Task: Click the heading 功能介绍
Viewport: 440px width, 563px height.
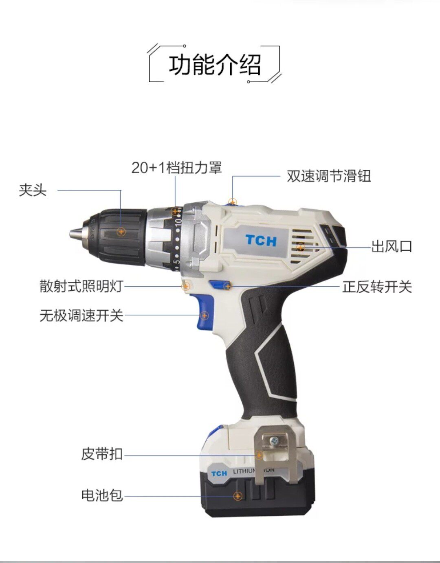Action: click(215, 64)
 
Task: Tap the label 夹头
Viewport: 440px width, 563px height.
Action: click(33, 190)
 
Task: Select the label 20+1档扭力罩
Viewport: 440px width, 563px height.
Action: click(176, 167)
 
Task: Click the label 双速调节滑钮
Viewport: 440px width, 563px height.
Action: click(329, 176)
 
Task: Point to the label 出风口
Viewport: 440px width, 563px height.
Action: click(392, 246)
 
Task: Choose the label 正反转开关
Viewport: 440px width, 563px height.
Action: click(377, 287)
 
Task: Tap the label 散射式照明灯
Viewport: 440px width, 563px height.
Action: click(81, 286)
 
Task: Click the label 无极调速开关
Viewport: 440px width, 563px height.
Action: click(81, 315)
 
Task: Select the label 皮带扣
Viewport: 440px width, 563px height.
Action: click(102, 454)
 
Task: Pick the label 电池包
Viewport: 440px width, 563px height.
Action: click(102, 495)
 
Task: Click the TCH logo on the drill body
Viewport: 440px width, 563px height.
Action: click(261, 241)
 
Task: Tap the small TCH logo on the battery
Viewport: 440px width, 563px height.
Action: click(219, 473)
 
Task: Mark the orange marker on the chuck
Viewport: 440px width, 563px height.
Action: click(121, 232)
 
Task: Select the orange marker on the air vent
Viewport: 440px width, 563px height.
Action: click(301, 247)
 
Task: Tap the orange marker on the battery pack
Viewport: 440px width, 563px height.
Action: click(238, 496)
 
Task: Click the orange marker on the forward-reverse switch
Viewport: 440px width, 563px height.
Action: click(228, 287)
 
